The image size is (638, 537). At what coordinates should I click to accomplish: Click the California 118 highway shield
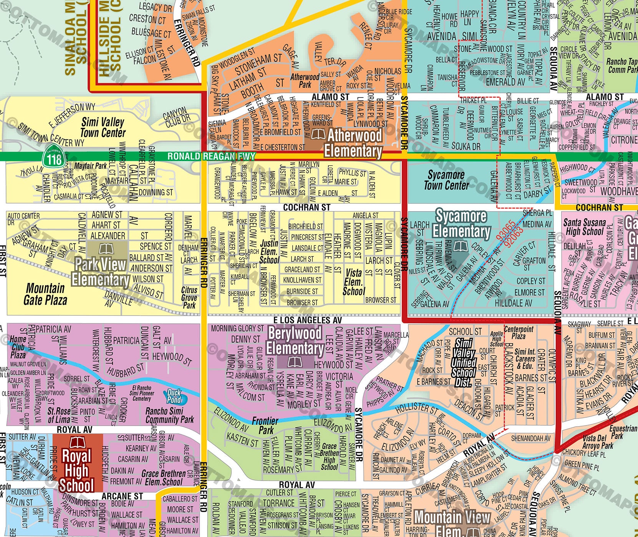tap(54, 158)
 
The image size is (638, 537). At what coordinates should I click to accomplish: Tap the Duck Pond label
tap(174, 396)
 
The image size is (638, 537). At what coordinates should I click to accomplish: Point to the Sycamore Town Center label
tap(446, 180)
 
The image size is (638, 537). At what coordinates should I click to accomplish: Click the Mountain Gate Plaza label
tap(45, 294)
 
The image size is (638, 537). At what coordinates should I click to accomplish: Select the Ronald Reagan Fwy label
tap(211, 156)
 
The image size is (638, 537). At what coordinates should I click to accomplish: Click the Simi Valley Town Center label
tap(103, 128)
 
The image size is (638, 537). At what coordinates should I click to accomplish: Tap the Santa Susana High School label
tap(584, 227)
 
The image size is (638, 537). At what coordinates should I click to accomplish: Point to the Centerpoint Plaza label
tap(519, 333)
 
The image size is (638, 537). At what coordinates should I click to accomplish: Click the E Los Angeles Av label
tap(308, 320)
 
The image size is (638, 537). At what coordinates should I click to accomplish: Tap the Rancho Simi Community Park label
tap(169, 415)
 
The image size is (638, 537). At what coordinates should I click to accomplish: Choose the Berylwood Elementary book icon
tap(295, 362)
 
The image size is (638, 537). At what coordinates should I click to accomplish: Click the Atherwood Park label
tap(305, 81)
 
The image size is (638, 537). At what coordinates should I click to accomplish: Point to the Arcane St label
tap(122, 496)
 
